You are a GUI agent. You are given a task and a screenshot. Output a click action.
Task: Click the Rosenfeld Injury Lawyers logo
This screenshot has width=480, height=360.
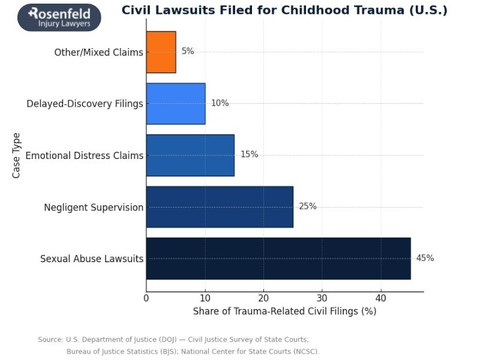click(59, 17)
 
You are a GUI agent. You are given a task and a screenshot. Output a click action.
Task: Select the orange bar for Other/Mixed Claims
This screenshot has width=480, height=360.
click(161, 52)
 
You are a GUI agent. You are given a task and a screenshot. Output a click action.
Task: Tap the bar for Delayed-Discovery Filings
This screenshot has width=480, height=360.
click(176, 103)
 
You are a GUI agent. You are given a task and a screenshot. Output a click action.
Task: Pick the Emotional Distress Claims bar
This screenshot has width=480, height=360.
click(190, 155)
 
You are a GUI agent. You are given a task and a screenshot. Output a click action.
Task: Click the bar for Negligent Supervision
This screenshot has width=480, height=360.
click(220, 206)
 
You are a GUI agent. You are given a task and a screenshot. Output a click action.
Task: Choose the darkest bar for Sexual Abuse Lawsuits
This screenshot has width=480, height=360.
click(278, 258)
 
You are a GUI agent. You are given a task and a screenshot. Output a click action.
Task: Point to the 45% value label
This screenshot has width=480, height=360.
click(425, 258)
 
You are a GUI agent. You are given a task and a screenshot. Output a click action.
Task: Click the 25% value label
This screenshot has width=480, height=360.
click(308, 206)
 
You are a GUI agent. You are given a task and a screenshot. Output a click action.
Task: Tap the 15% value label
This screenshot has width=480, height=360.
click(249, 155)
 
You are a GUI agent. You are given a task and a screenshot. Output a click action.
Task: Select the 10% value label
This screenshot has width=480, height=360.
click(220, 103)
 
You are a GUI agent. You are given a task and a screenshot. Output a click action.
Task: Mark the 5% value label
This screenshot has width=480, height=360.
click(188, 52)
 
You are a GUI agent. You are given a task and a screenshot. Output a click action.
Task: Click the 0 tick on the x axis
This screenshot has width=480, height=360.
click(146, 298)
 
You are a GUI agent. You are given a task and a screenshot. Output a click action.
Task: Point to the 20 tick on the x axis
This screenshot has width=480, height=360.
click(263, 298)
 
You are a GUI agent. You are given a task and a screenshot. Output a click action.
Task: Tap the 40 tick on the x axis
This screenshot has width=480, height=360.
click(380, 298)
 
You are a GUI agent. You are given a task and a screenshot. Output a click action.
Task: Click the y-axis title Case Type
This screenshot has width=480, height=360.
click(16, 155)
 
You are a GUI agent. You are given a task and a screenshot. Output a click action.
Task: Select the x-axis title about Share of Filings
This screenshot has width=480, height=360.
click(284, 311)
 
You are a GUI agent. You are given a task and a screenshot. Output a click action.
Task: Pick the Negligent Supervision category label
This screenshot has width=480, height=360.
click(94, 208)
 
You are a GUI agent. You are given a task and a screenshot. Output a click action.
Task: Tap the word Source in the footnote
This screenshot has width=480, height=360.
click(50, 340)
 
